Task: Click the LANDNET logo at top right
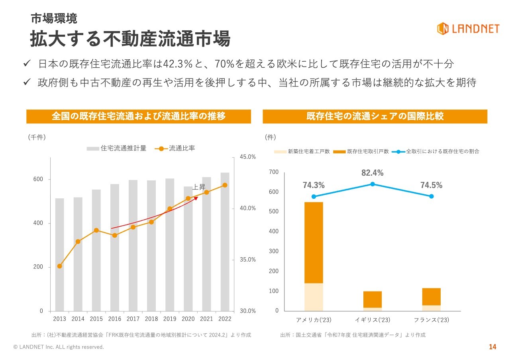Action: coord(468,28)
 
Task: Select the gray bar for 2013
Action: coord(59,254)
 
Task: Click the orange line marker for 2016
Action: coord(115,235)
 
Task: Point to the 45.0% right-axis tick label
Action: coord(247,157)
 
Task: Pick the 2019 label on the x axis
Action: coord(170,319)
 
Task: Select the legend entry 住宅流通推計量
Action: coord(117,149)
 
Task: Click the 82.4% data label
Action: coord(372,173)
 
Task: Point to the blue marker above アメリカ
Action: coord(314,196)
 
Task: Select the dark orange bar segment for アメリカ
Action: coord(314,243)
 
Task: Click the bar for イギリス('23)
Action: coord(373,299)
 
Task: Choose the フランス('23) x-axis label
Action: coord(431,320)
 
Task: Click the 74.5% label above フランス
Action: coord(431,185)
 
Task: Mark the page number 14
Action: coord(492,347)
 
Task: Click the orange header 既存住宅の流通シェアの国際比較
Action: coord(375,116)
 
